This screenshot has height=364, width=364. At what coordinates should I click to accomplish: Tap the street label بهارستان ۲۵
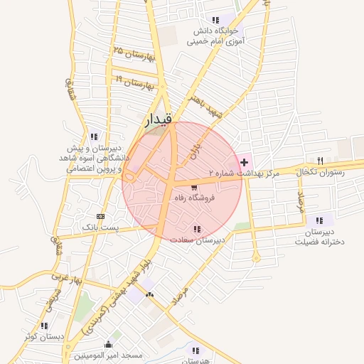[x=133, y=54]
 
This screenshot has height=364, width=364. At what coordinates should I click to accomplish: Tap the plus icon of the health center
[x=245, y=162]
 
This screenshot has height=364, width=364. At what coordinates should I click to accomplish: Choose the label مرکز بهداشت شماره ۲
[x=245, y=173]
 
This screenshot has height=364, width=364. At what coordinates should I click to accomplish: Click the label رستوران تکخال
[x=323, y=172]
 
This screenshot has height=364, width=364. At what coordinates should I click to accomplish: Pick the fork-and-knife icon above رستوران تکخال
[x=321, y=160]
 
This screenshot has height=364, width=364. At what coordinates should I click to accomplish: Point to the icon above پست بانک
[x=100, y=216]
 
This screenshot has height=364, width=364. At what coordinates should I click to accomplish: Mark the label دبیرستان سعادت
[x=197, y=240]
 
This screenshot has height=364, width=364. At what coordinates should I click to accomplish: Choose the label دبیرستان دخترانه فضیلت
[x=318, y=237]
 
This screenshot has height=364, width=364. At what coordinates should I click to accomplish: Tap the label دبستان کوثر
[x=44, y=336]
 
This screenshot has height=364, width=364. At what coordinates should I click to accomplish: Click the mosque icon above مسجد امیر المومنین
[x=108, y=344]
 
